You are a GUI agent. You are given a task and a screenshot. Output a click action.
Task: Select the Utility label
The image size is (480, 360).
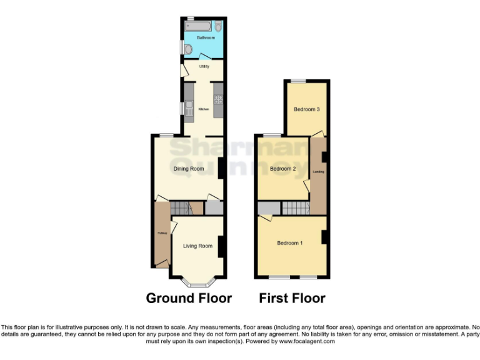204,66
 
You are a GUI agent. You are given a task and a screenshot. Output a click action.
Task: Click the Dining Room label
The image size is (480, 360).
188,169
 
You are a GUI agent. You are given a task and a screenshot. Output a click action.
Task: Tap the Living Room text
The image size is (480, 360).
197,246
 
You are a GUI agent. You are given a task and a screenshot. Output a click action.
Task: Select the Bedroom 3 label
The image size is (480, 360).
307,109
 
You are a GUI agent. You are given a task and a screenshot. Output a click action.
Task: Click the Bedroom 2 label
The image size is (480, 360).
282,169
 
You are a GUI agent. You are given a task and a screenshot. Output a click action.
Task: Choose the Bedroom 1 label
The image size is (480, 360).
289,242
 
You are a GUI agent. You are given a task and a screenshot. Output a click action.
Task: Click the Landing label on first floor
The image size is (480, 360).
318,171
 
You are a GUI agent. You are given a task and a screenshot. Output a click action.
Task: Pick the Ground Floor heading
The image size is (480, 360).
189,298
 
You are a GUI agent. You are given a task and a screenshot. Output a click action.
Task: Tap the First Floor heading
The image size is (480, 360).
292,298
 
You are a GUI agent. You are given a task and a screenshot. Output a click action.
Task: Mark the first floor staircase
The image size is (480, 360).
295,208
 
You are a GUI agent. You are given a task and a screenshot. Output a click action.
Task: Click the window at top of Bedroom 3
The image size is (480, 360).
297,81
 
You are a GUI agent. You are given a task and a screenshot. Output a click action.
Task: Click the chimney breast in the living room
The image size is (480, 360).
221,246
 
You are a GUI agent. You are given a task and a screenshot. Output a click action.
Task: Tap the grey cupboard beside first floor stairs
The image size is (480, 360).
268,208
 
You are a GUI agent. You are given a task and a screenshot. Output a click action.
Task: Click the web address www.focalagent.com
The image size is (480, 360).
306,341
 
